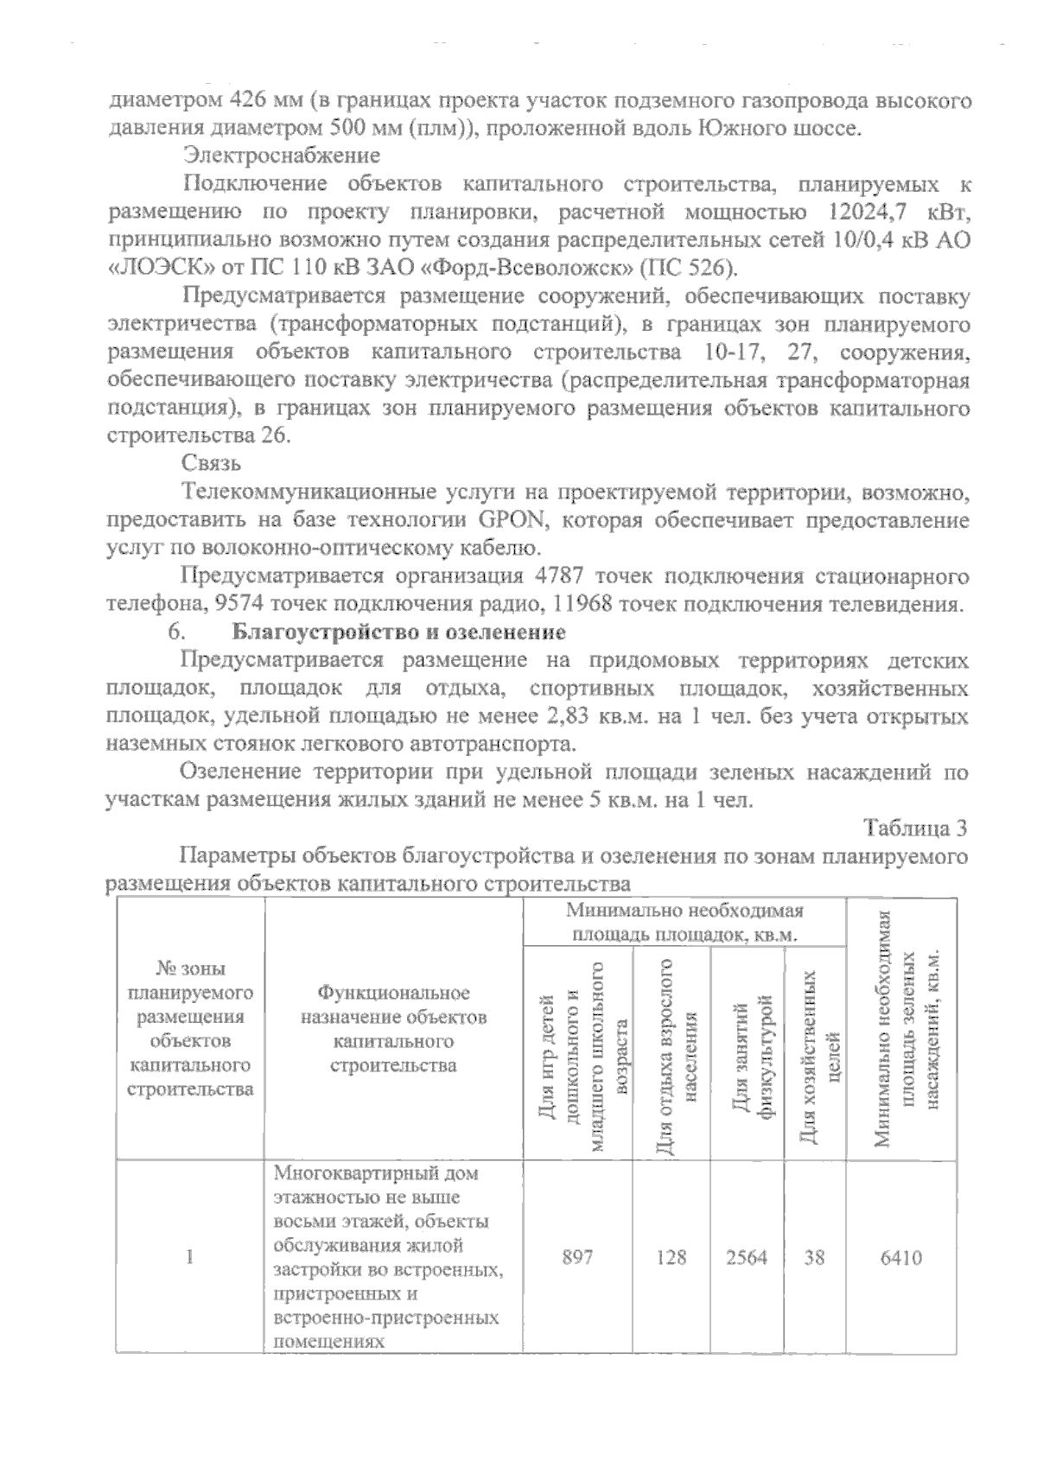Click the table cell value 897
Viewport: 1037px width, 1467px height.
tap(577, 1257)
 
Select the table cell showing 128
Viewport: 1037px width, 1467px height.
tap(671, 1257)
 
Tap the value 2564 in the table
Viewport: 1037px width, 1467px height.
tap(747, 1257)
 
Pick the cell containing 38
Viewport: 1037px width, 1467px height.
tap(815, 1257)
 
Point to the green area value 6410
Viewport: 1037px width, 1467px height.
tap(901, 1257)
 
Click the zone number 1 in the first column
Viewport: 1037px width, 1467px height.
tap(189, 1257)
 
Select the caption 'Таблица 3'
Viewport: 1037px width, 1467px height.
tap(915, 828)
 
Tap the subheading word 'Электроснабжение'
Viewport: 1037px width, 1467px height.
tap(282, 156)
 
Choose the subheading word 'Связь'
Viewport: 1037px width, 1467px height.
tap(212, 465)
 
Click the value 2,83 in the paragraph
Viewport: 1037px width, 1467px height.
tap(576, 716)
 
